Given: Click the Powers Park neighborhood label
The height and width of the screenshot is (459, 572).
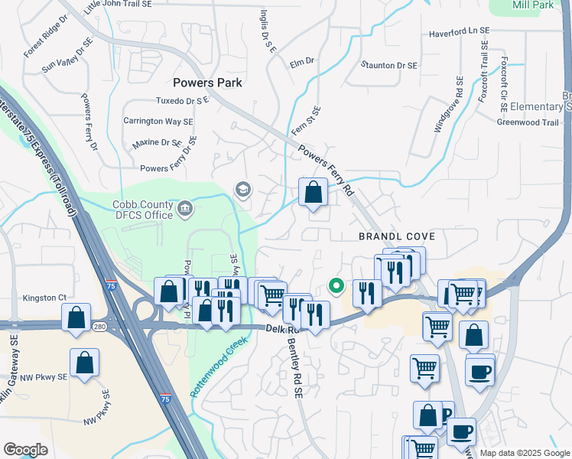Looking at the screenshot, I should coord(207,83).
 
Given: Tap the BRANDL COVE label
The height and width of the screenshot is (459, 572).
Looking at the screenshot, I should coord(392,236).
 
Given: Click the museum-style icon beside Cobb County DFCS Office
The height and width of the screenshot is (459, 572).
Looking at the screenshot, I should coord(186,209).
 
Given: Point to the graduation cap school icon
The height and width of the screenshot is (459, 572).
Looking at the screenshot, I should coord(243,189).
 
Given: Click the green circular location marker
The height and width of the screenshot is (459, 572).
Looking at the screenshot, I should coord(335,286).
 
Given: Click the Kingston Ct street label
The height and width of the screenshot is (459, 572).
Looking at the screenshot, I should coord(52,298).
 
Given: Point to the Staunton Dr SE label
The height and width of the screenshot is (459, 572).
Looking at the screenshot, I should coord(389,66).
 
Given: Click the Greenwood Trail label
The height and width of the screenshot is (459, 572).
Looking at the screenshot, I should coord(528,122).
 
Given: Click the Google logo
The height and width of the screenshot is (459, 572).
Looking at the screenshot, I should coord(26,449).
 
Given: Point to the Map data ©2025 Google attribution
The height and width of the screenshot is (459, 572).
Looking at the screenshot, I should coord(525,453).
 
